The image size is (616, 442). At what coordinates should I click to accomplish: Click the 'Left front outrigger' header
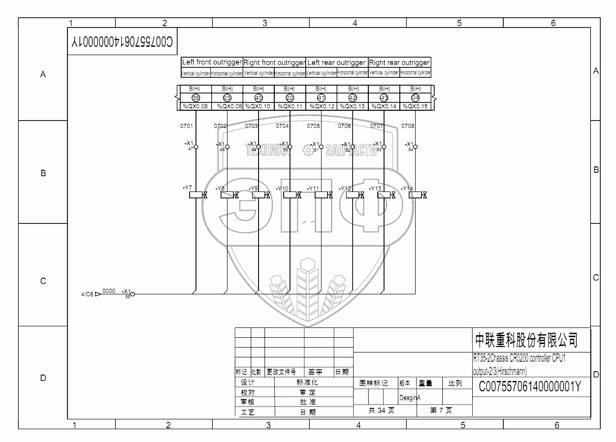coord(212,63)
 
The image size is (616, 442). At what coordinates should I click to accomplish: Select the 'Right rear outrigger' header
coord(399,63)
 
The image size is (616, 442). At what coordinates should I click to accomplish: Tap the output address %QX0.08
coord(195,106)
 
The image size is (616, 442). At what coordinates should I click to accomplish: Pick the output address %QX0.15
coord(415,106)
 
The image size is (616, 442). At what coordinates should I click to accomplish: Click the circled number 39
coord(195,97)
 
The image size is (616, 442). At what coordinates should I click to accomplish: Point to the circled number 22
coord(290,97)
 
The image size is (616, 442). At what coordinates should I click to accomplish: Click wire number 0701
coord(187,126)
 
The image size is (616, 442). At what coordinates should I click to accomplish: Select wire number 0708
coord(408,126)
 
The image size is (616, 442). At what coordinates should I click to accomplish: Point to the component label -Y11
coord(313,189)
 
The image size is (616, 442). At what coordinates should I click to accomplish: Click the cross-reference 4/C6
coord(87,294)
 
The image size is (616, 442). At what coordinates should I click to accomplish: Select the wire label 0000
coord(109,291)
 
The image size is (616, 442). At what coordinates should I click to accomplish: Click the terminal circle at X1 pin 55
coord(132,294)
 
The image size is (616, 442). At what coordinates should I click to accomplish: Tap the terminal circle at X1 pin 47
coord(196,147)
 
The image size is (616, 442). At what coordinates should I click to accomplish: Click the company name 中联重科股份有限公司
coord(525,340)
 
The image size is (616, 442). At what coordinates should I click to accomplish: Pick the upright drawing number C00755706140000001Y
coord(529,387)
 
